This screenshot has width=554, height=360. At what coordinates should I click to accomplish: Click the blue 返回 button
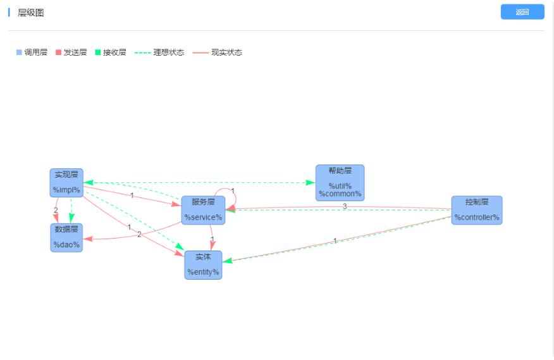(522, 12)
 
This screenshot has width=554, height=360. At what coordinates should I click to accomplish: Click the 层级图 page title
(31, 13)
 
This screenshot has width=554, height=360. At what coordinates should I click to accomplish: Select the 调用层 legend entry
(32, 53)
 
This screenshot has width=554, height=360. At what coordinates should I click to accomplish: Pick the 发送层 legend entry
(71, 53)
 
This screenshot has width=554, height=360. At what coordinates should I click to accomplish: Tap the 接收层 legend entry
(110, 53)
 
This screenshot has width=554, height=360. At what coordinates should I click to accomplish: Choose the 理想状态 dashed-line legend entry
(159, 53)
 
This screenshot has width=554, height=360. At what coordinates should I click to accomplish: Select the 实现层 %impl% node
(66, 182)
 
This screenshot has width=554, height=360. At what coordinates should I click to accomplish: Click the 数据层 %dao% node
(66, 237)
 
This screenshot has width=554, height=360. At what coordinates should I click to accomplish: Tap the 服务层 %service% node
(203, 209)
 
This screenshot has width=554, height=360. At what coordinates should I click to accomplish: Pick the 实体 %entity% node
(203, 265)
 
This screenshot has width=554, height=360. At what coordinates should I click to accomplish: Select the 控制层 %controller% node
(476, 210)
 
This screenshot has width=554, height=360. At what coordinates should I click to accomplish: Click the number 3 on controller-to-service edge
(345, 206)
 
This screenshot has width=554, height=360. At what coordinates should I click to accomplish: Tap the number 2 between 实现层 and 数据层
(56, 210)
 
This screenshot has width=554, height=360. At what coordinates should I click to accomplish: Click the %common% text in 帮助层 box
(340, 194)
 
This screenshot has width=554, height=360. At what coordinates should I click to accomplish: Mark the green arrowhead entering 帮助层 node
(311, 183)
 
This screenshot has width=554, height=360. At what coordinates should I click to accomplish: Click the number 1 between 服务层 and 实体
(212, 239)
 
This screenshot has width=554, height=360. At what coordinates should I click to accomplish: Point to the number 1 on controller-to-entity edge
(335, 240)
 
